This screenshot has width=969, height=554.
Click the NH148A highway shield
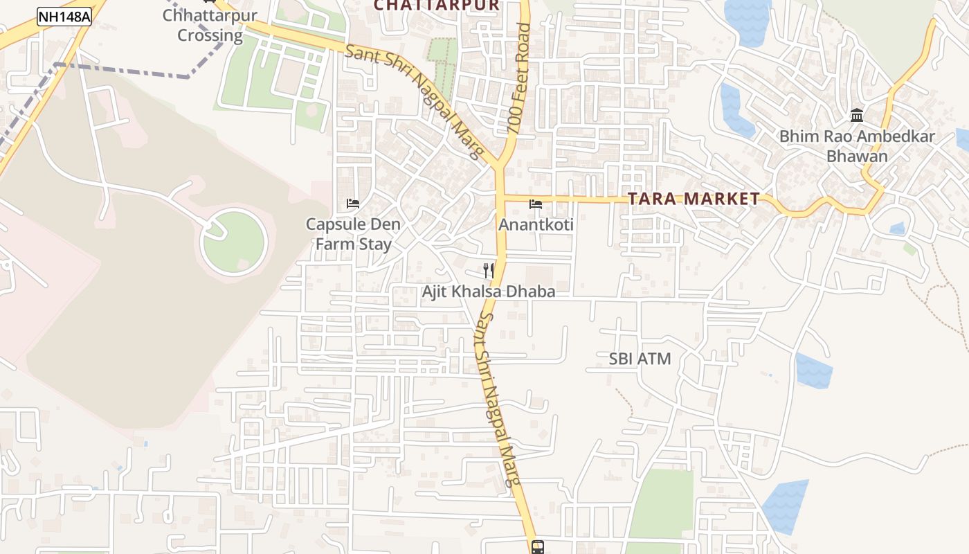(x=64, y=17)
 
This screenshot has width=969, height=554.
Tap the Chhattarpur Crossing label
(x=210, y=26)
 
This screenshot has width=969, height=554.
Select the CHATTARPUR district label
(x=436, y=6)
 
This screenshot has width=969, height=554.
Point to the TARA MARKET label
(x=694, y=199)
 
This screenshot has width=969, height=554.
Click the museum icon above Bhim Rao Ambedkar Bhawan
(x=857, y=115)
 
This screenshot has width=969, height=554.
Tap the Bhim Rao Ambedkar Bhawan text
(x=857, y=146)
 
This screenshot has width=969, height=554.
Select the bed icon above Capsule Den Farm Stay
(x=353, y=204)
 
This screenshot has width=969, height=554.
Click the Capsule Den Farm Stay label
(x=353, y=234)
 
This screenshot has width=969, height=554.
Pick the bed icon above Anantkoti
(x=535, y=204)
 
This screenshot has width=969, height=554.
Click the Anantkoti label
(x=536, y=225)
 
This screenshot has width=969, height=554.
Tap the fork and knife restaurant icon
(x=489, y=270)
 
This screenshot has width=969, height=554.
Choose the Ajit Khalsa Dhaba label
(x=489, y=292)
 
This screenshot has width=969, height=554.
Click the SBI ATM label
(x=640, y=359)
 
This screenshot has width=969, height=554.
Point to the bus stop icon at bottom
(x=538, y=547)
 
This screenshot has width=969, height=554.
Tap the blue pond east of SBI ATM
(x=813, y=370)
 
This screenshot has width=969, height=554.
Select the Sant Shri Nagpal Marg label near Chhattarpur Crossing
(x=414, y=101)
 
